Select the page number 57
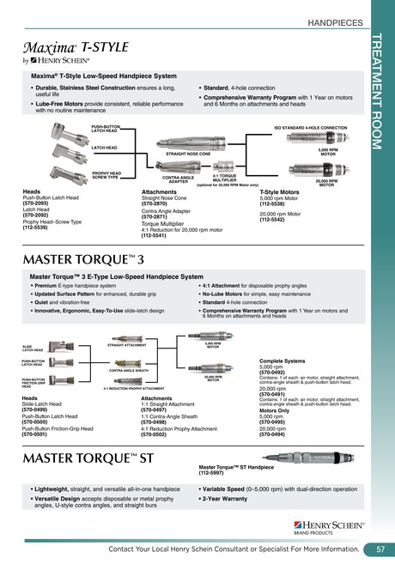(x=380, y=549)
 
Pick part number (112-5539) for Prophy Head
(x=36, y=229)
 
